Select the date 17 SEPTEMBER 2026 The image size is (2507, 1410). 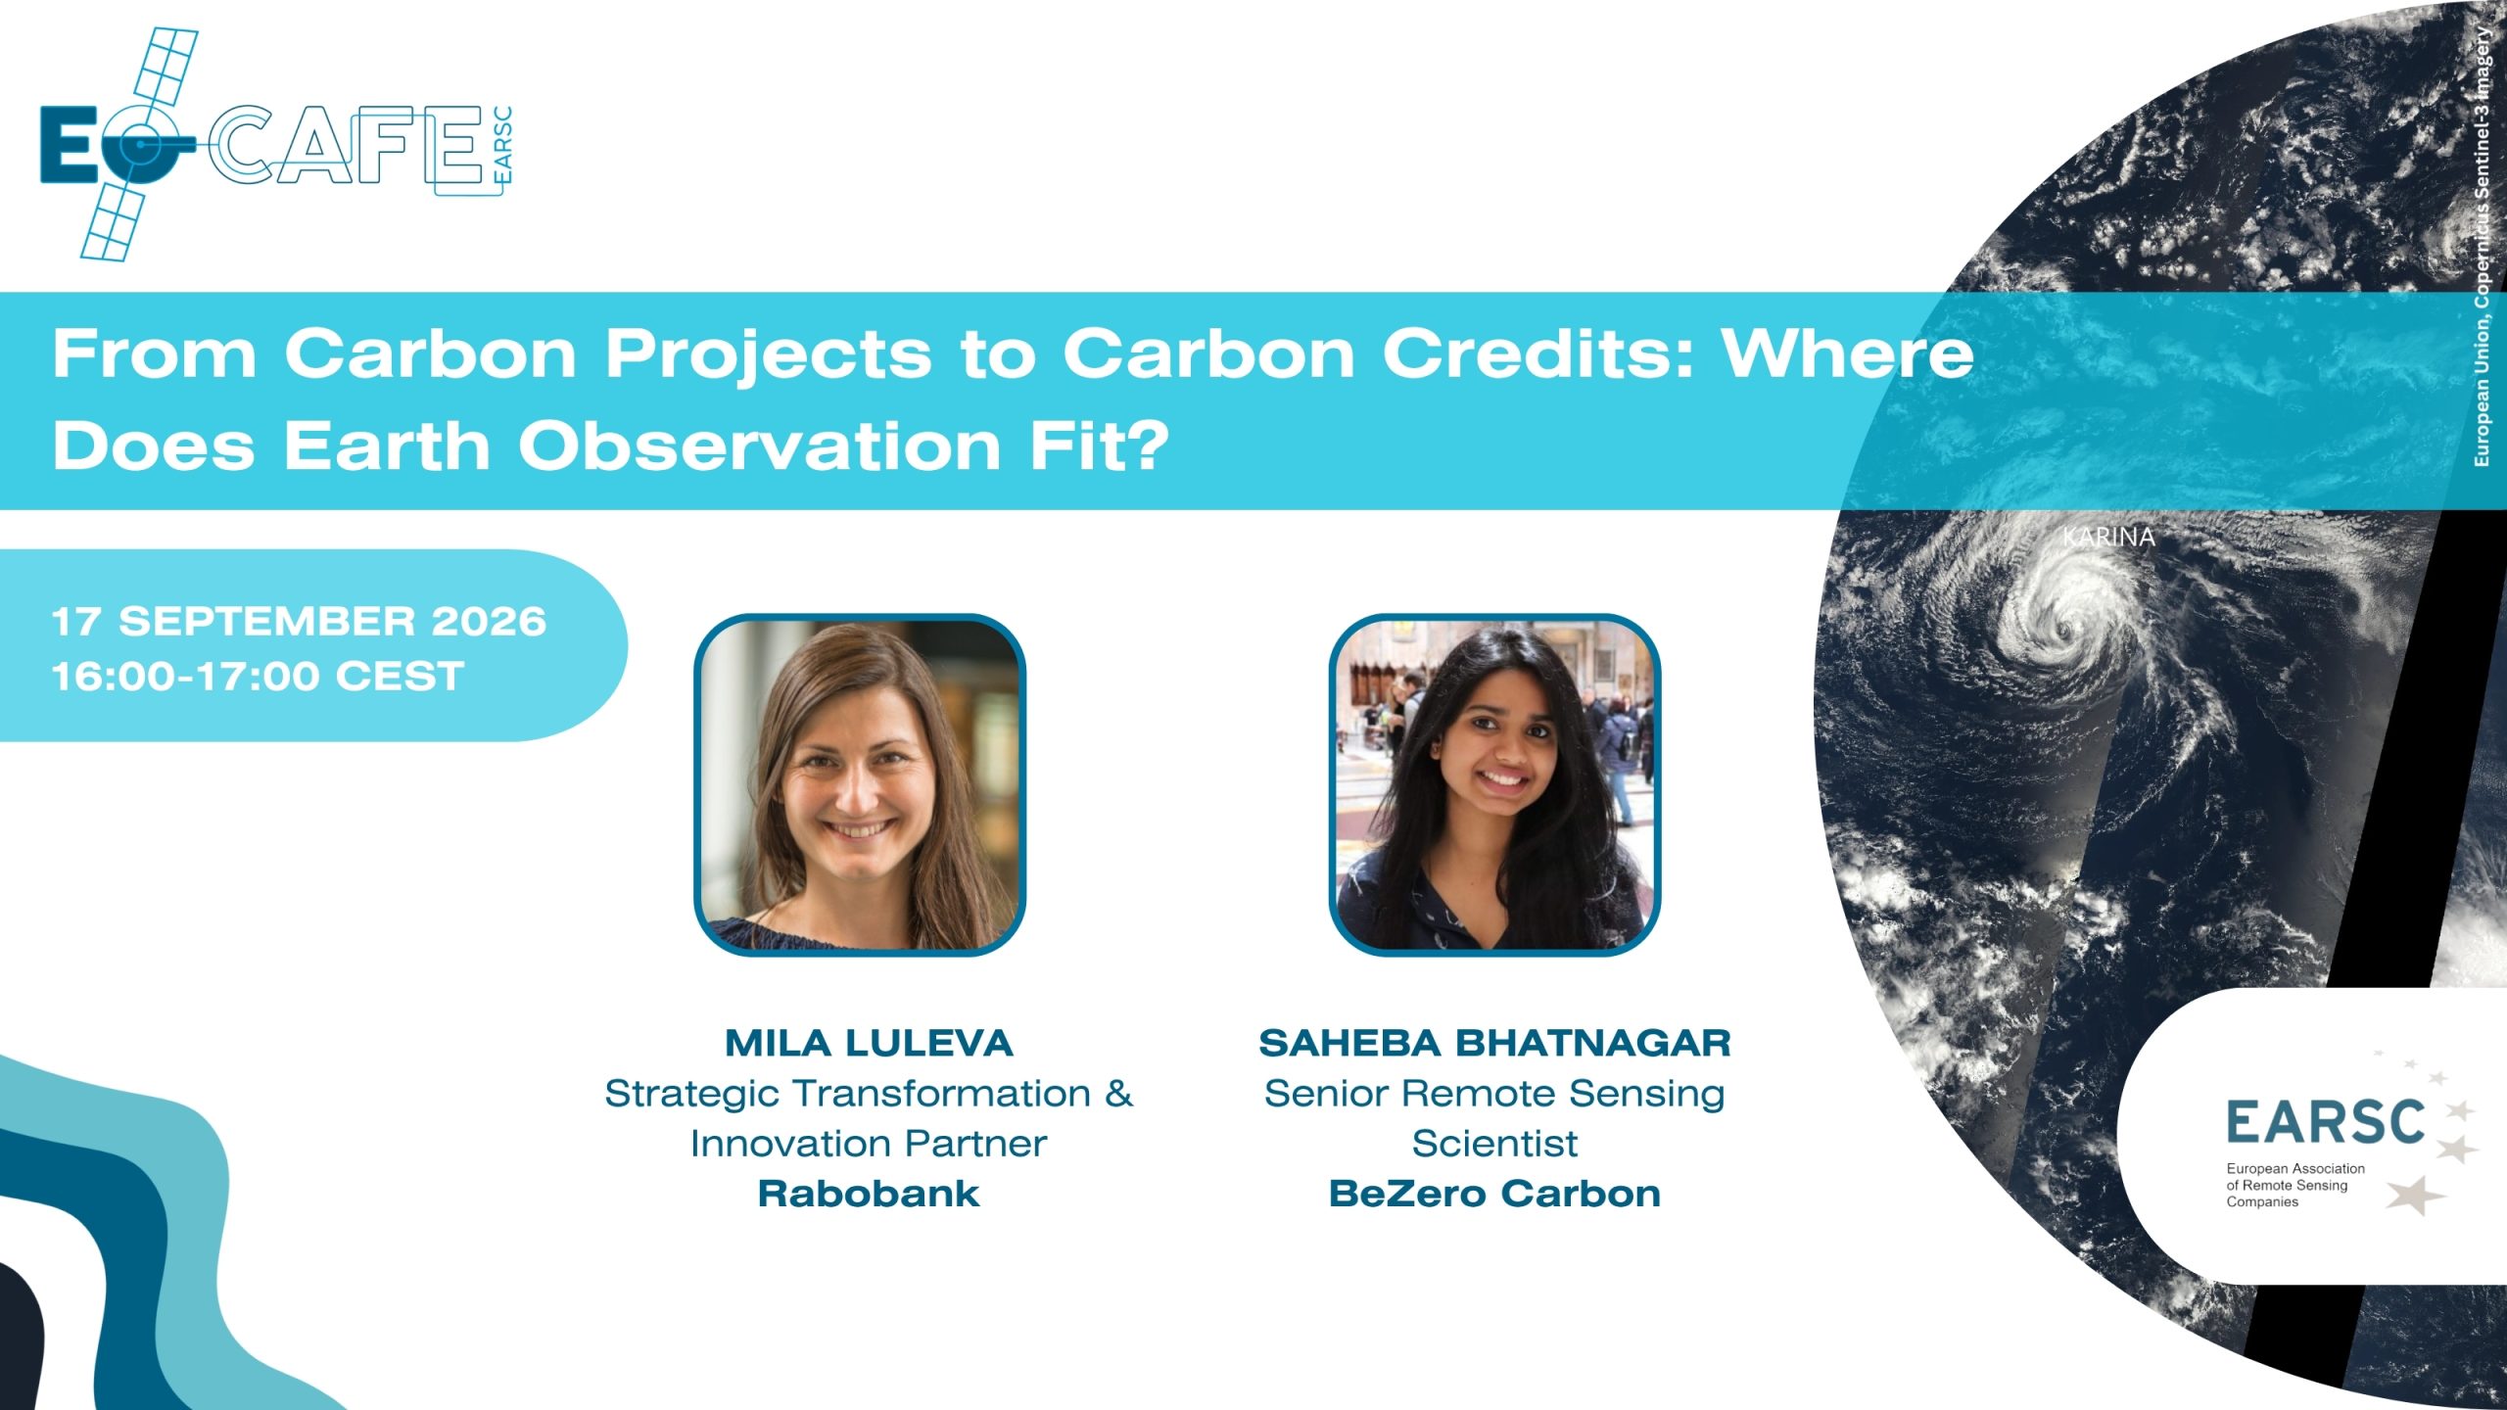299,622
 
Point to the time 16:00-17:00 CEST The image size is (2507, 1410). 258,677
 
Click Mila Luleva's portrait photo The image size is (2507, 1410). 860,784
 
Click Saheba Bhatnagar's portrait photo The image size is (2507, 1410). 1494,784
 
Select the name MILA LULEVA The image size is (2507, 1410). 869,1043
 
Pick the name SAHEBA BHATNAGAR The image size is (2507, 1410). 1494,1043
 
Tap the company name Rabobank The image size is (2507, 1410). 869,1194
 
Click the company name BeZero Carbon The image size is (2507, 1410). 1494,1194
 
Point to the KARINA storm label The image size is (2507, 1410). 2108,537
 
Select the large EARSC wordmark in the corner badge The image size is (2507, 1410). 2325,1122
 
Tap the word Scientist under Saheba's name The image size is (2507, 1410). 1494,1143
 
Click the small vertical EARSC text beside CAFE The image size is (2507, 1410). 502,145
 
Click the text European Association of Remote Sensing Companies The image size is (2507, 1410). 2295,1185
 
